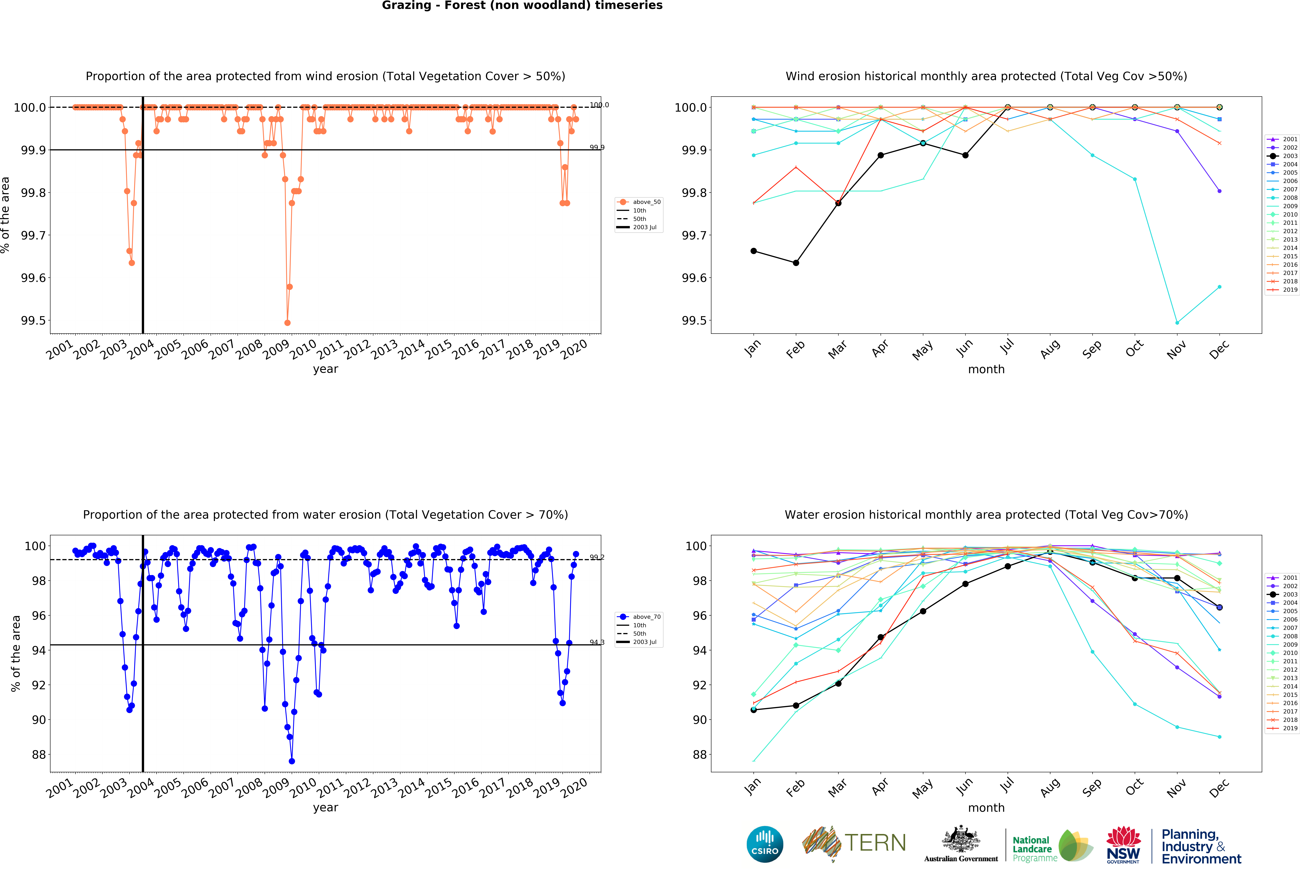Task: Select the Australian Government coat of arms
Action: coord(960,839)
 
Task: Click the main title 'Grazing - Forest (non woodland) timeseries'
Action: coord(522,6)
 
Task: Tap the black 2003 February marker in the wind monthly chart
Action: coord(796,263)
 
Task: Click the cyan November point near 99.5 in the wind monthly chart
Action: coord(1177,323)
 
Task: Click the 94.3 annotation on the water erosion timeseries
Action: coord(597,643)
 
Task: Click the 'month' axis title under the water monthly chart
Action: coord(986,807)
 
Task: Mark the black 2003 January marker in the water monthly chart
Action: coord(753,710)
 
